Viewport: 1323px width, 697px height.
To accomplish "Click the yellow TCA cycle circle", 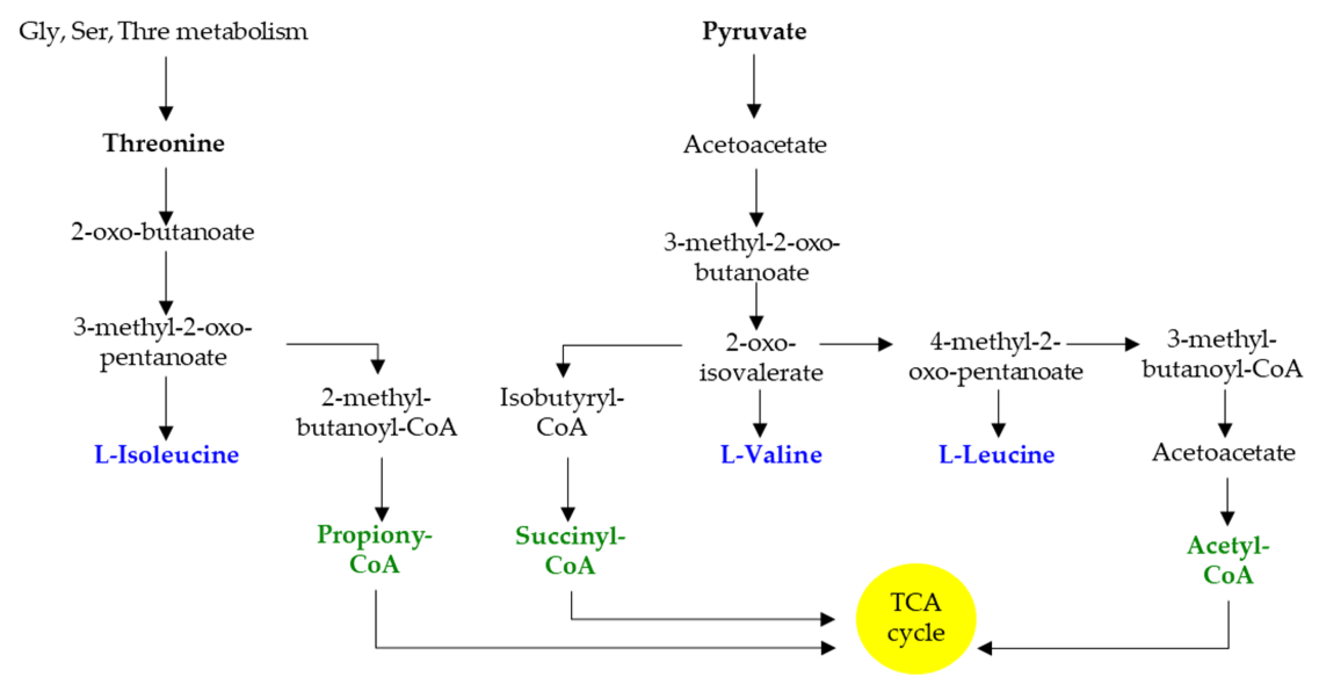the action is coord(915,618).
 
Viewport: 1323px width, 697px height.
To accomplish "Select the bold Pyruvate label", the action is coord(754,31).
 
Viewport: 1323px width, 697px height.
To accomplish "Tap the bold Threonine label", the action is coord(164,143).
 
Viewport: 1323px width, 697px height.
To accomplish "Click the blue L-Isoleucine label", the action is coord(166,455).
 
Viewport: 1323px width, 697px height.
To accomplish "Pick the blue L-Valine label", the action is coord(771,455).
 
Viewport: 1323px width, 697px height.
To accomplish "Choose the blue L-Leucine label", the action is coord(996,455).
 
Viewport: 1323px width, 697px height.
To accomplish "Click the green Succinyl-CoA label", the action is coord(570,550).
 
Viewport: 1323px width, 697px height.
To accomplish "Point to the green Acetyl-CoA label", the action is coord(1228,560).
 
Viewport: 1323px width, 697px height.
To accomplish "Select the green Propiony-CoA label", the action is coord(374,549).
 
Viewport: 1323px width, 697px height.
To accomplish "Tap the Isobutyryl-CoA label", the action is coord(561,412).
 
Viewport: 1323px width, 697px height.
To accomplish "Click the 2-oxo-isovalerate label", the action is coord(760,357).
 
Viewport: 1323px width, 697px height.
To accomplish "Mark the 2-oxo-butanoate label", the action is coord(163,232).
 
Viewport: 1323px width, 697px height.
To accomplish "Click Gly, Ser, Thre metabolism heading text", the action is coord(163,31).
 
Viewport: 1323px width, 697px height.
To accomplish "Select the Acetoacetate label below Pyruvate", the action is coord(755,144).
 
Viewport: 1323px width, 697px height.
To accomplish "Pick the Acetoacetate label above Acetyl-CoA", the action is coord(1223,452).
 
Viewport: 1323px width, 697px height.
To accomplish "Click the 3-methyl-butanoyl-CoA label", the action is coord(1222,354).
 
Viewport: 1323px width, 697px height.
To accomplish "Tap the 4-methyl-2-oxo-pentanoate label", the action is coord(995,357).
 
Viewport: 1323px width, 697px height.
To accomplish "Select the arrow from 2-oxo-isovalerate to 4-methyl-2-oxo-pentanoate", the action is coord(856,344).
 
